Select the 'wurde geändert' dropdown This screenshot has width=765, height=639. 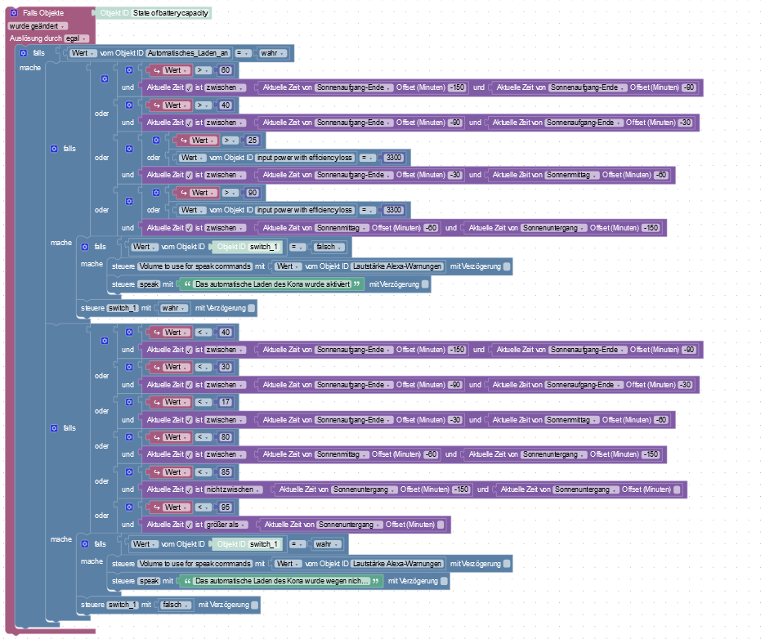click(38, 26)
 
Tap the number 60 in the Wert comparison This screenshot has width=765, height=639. click(226, 70)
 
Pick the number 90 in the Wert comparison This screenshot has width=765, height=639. click(253, 193)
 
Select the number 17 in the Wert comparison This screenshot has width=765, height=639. click(226, 402)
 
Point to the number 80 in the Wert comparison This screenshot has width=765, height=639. click(226, 437)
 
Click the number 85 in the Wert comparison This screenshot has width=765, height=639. click(226, 472)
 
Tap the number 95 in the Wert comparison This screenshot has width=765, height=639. click(226, 507)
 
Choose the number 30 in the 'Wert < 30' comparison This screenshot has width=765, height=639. click(226, 367)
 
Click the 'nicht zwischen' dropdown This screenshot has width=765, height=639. click(233, 489)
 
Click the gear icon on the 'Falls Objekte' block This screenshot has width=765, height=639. click(14, 14)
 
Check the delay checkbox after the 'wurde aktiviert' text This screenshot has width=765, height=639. click(426, 284)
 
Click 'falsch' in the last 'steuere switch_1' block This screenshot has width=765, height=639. click(172, 605)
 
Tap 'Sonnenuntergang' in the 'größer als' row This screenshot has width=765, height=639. click(347, 525)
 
